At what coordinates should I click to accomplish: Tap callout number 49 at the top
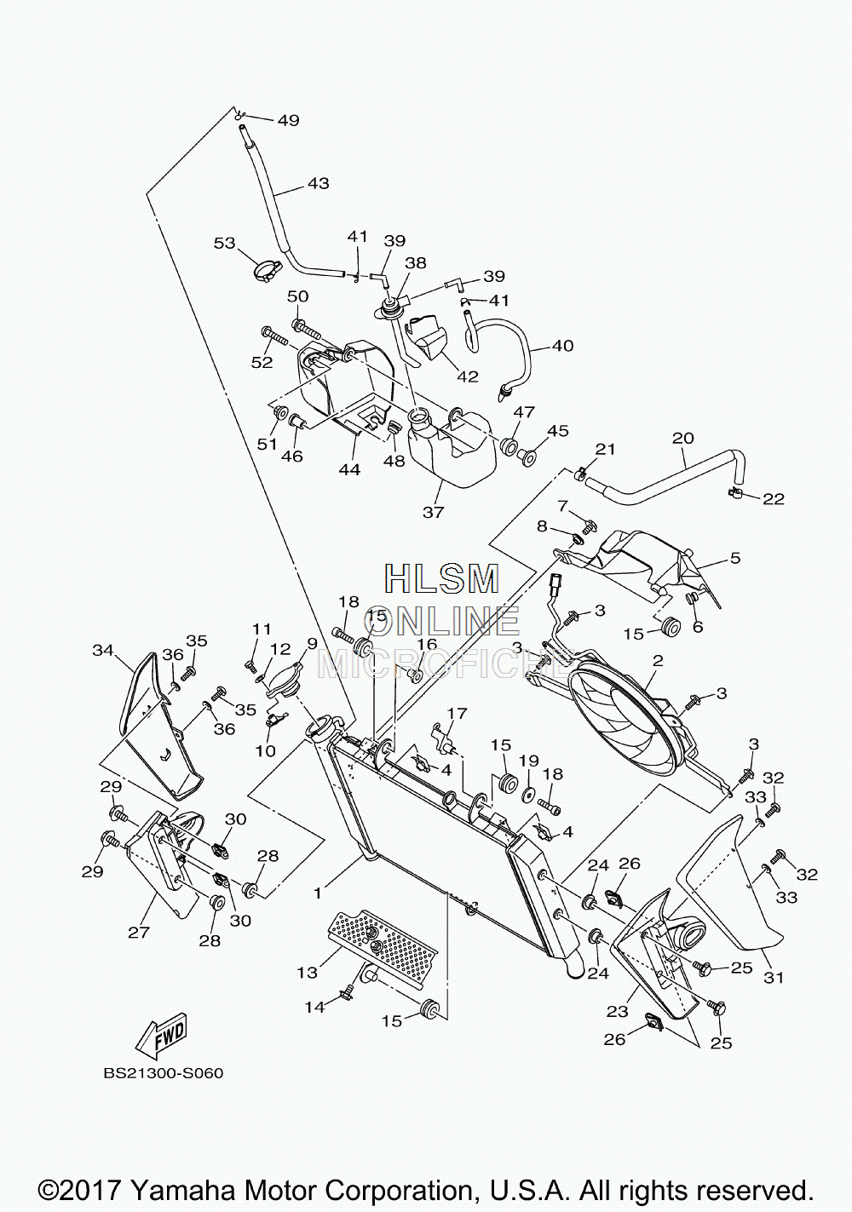point(289,120)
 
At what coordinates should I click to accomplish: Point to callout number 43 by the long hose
point(319,183)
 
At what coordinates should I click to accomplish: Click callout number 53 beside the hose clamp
point(225,243)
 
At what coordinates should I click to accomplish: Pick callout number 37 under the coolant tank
point(433,512)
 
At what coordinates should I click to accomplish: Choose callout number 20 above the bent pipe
point(683,438)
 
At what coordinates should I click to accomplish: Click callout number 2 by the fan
point(659,660)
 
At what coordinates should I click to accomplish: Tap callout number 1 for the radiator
point(318,893)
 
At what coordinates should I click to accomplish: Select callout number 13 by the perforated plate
point(307,973)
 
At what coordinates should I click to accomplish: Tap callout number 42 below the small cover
point(468,376)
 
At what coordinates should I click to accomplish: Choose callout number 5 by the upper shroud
point(735,558)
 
